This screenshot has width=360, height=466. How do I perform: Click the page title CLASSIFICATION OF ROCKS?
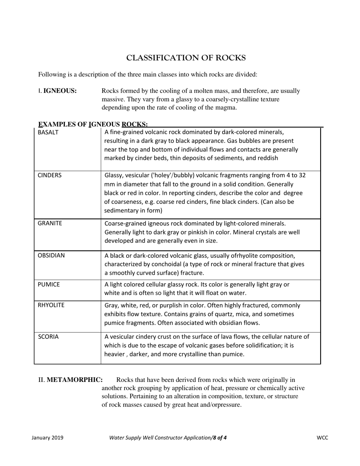tap(186, 58)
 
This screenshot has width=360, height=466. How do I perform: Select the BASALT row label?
tap(48, 133)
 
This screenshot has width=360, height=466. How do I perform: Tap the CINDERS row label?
tap(50, 175)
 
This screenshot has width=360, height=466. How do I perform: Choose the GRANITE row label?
tap(50, 224)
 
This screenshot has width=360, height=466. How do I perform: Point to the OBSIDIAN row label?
tap(51, 256)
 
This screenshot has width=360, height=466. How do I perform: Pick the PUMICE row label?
tap(49, 285)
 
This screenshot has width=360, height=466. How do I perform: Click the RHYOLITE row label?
tap(51, 305)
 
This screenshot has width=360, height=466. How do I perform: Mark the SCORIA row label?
tap(48, 337)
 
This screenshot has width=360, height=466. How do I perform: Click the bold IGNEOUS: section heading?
tap(60, 91)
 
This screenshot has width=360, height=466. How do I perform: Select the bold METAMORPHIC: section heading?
tap(75, 380)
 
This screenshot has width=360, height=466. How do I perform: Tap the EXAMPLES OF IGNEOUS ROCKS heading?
tap(93, 124)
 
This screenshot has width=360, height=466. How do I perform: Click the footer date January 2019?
tap(47, 438)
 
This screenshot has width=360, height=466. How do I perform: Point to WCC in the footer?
tap(322, 438)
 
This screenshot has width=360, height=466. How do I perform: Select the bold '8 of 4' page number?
tap(220, 438)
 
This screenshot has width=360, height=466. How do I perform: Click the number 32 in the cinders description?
tap(302, 175)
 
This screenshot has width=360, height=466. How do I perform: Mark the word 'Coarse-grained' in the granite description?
tap(125, 224)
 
